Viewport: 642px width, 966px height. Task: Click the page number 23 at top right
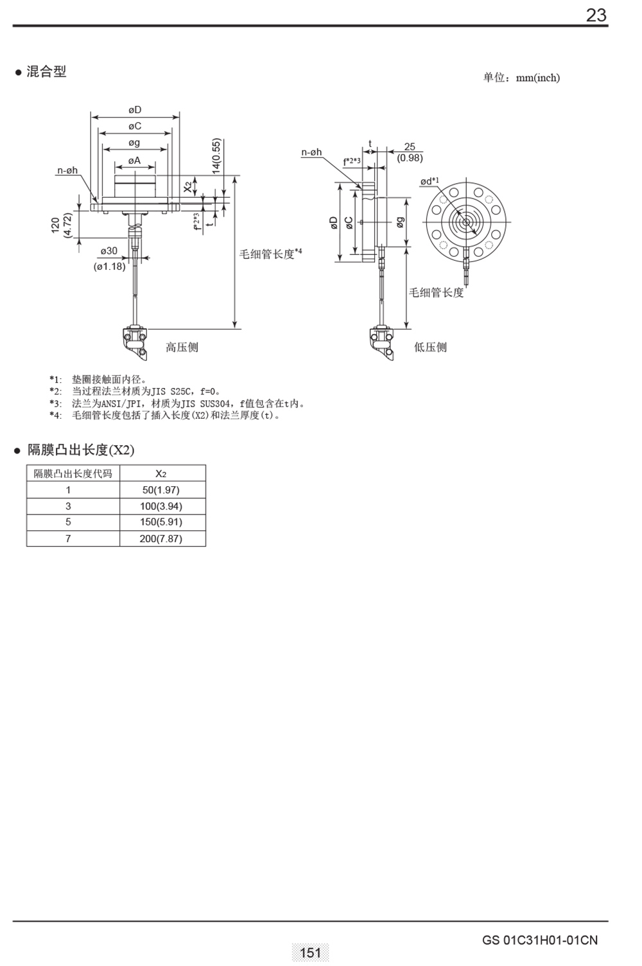point(596,15)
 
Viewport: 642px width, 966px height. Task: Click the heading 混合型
point(46,71)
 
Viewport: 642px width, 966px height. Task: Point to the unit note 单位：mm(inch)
point(521,78)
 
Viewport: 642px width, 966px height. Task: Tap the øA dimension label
point(135,161)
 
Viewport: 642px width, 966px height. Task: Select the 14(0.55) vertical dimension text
point(216,155)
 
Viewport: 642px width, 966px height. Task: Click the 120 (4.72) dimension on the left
point(62,225)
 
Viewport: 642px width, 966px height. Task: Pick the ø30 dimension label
point(109,250)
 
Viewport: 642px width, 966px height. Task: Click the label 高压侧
point(182,347)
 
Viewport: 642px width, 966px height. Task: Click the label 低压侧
point(430,347)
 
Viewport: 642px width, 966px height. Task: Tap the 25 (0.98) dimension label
point(410,152)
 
